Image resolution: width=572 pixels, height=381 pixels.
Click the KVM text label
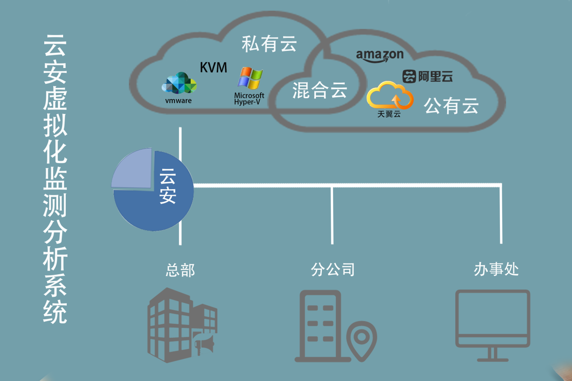pos(214,68)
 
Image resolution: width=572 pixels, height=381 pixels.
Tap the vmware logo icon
pos(179,83)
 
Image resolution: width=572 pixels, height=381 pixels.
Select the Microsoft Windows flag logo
pos(250,78)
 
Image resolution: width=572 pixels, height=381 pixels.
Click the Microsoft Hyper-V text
pos(249,99)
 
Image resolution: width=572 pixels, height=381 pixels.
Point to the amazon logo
pos(380,56)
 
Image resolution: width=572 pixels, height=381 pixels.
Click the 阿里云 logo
pos(427,77)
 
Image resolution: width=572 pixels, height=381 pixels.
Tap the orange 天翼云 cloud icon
pos(390,95)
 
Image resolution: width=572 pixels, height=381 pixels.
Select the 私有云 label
pos(269,44)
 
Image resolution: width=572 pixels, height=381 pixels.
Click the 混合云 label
pos(320,90)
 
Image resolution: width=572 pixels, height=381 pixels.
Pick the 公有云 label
pos(451,106)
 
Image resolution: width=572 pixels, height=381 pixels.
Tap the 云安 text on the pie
pos(168,186)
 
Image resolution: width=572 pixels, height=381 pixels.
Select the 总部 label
pos(180,270)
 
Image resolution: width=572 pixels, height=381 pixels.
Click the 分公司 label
pos(333,269)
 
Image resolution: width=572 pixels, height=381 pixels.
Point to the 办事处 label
pos(496,269)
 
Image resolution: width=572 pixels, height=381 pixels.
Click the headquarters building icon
pos(182,325)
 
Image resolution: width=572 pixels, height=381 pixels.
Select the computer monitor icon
pos(493,325)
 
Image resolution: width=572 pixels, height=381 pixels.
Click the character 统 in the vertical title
pos(55,312)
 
